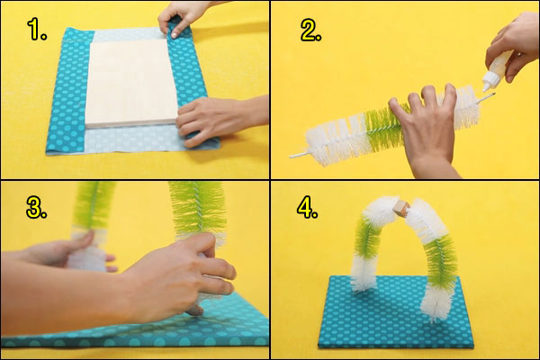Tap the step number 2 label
click(310, 32)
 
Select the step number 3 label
click(37, 209)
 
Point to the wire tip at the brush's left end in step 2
click(294, 156)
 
